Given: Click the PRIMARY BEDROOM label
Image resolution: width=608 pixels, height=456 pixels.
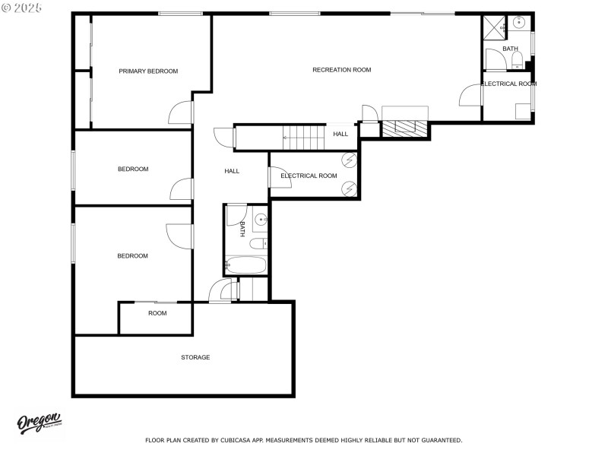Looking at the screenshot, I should click(x=148, y=71).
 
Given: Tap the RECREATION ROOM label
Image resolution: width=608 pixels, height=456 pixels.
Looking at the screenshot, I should click(x=341, y=70).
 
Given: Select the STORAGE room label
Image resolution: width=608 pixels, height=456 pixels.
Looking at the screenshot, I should click(x=195, y=357).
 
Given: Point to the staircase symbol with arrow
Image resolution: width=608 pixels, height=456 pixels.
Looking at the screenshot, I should click(x=304, y=138).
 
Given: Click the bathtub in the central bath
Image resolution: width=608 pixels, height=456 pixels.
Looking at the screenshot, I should click(x=245, y=266).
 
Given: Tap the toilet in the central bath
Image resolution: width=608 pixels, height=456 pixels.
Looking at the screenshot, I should click(x=258, y=243).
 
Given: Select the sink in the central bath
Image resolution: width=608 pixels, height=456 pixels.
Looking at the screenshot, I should click(x=260, y=220).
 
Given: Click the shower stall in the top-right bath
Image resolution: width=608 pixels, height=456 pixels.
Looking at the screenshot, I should click(x=494, y=26).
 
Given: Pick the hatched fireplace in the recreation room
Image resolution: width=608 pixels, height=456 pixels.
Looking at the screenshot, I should click(x=405, y=128).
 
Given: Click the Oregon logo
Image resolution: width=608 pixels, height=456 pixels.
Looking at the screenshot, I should click(x=40, y=424).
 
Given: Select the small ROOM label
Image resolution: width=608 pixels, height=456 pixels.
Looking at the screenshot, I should click(x=157, y=313).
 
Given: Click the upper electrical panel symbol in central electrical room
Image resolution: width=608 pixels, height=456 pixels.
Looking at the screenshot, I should click(x=350, y=160).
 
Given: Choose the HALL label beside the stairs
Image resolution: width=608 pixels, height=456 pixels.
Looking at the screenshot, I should click(x=340, y=135).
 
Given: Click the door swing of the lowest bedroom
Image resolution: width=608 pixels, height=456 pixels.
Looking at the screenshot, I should click(x=179, y=234).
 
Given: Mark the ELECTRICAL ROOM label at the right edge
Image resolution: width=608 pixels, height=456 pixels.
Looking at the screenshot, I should click(x=508, y=84).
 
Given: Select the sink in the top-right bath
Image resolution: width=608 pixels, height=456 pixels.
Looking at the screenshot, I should click(x=519, y=23).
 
